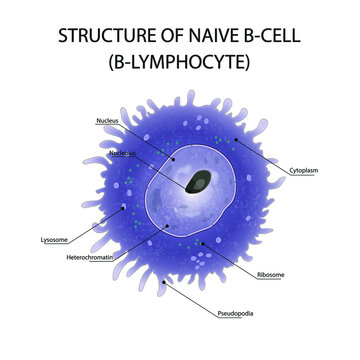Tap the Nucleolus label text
[122, 153]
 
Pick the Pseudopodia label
[236, 315]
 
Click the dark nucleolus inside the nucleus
[201, 182]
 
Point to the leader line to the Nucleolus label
[160, 166]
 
